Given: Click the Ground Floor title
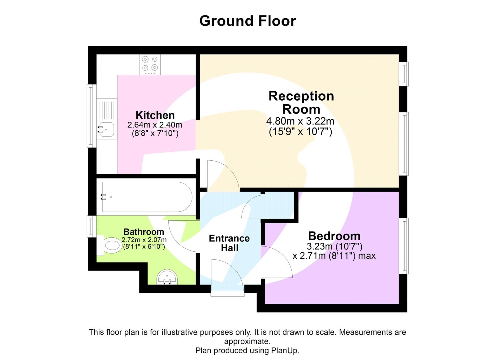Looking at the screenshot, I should click(247, 21).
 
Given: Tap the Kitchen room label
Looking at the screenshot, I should click(155, 115).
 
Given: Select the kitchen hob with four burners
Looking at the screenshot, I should click(150, 64).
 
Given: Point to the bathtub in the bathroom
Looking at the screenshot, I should click(147, 197).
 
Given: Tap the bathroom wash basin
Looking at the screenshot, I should click(167, 277).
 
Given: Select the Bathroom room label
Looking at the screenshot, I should click(144, 232).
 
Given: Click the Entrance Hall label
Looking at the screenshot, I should click(229, 243).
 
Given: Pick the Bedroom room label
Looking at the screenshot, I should click(334, 236).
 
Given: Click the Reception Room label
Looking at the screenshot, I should click(301, 102).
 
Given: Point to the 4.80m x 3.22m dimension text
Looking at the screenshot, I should click(300, 121).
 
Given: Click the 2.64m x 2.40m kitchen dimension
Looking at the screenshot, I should click(155, 125).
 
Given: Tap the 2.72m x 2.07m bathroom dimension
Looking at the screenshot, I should click(144, 240).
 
